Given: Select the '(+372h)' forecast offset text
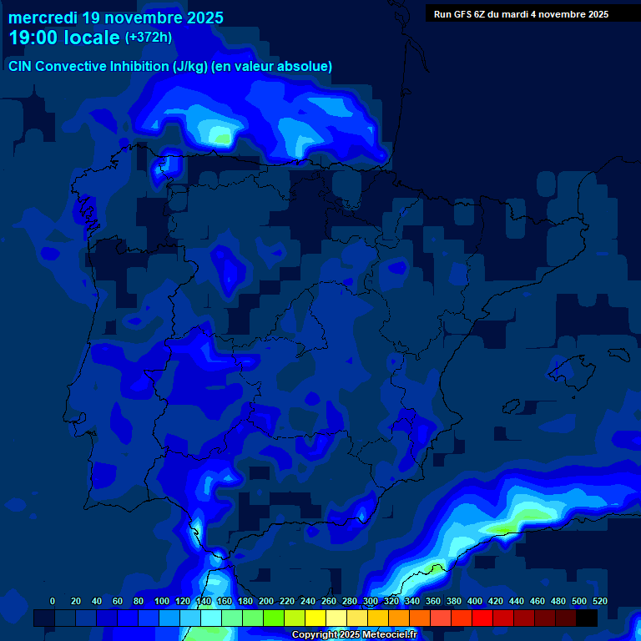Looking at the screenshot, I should [149, 38].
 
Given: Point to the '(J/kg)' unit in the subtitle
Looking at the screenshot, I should [191, 67].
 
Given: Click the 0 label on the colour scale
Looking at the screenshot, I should [53, 601].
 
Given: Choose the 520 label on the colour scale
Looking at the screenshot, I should [600, 601].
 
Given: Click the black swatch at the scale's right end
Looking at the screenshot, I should [587, 618].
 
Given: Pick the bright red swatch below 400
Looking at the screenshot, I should [482, 618].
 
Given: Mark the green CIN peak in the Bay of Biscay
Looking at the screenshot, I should [220, 135].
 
